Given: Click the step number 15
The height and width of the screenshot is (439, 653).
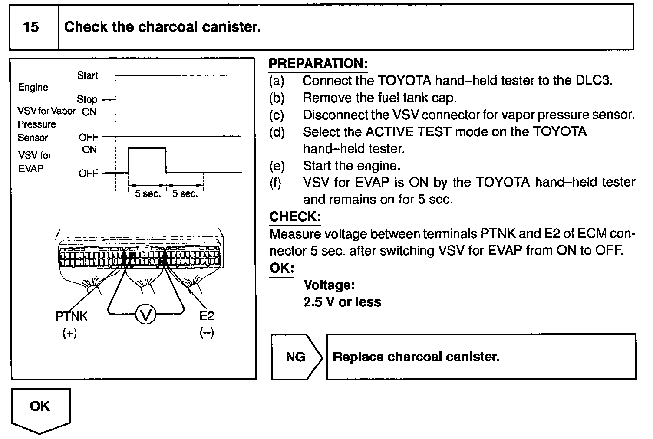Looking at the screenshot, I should point(31,27).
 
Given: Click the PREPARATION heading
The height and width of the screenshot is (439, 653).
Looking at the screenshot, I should point(318,64).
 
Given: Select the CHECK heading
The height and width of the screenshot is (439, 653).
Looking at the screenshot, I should point(295,216).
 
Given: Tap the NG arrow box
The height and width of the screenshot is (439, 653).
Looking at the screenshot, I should point(297,357).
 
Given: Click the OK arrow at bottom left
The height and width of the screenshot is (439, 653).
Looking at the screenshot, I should point(40,408).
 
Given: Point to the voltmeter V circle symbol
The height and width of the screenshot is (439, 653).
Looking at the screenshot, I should point(145,315).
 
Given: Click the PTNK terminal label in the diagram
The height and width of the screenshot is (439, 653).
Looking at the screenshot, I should point(71,316).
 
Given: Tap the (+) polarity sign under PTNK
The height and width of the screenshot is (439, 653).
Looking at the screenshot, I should point(69,333).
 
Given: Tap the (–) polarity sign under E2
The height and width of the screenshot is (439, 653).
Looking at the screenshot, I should point(206,333).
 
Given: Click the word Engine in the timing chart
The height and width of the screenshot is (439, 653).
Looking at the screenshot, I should point(33,87).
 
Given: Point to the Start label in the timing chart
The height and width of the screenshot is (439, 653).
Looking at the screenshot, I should point(87,75).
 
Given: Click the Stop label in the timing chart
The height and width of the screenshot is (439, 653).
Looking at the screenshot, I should point(87,99).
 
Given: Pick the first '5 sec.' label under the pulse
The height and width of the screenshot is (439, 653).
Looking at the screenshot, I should point(148,194).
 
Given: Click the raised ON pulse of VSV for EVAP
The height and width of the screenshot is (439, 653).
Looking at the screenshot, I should point(147,149).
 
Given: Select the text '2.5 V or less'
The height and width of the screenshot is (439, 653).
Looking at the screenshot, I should point(342,302).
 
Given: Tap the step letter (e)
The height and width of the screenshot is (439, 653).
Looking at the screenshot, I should point(277,166).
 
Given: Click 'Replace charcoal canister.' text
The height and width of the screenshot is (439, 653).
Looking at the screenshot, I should point(416,357).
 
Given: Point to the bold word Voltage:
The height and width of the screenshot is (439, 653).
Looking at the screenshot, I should point(329,285).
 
